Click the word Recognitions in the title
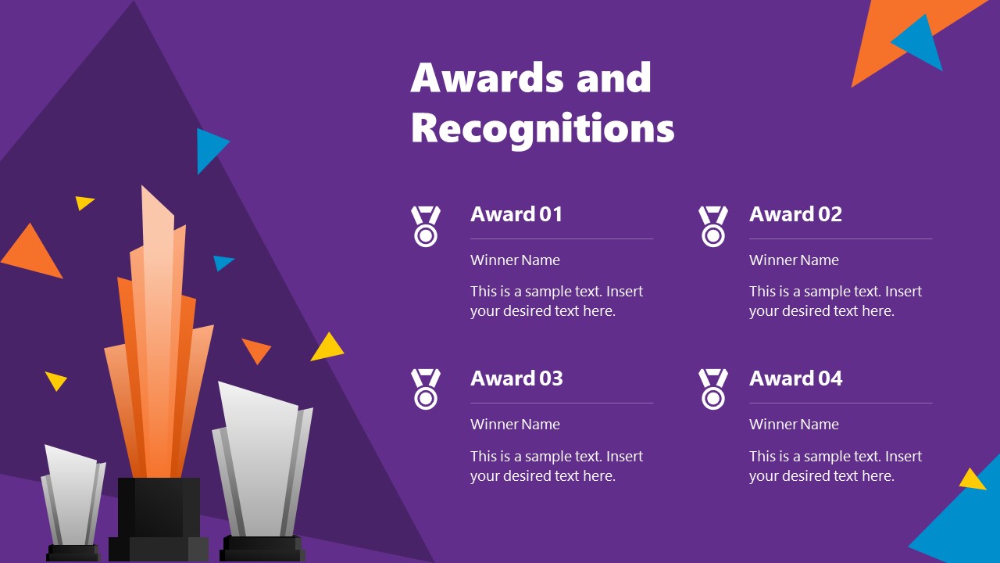point(542,128)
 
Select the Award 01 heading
point(516,214)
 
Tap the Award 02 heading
point(795,214)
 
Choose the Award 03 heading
point(516,378)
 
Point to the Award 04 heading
point(795,378)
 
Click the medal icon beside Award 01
point(426,226)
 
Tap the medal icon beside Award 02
point(712,226)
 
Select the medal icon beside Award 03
point(426,389)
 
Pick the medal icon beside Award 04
point(712,389)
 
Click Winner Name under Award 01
point(515,260)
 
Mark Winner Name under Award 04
point(794,425)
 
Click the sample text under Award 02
point(835,301)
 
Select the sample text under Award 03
point(556,466)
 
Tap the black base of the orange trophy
point(159,516)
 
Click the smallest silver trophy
point(73,497)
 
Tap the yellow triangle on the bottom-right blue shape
point(972,479)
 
